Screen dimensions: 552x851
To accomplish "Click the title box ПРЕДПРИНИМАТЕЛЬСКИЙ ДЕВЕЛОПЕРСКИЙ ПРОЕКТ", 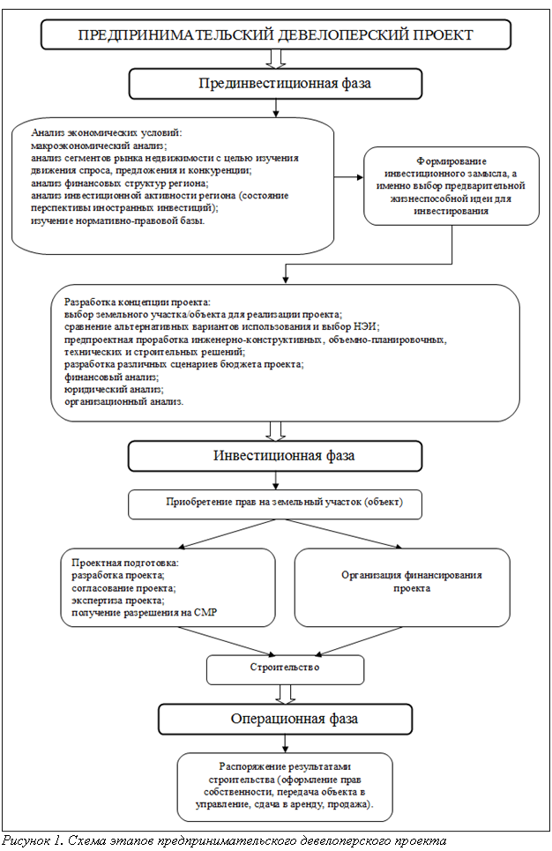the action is (x=276, y=34).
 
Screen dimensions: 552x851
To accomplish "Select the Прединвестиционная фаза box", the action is (x=275, y=84).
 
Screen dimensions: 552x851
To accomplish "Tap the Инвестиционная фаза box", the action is (x=275, y=455).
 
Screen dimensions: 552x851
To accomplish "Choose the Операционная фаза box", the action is (x=286, y=719).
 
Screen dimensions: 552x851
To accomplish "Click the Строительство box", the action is (x=285, y=669).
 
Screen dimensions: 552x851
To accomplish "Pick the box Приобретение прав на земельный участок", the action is (x=275, y=504).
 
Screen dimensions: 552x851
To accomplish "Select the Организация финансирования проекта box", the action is (x=402, y=587).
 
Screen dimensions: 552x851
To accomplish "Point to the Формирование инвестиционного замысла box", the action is (x=451, y=185).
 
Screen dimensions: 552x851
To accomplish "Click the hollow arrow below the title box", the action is (x=276, y=59).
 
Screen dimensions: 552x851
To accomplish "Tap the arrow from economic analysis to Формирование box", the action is (x=348, y=177).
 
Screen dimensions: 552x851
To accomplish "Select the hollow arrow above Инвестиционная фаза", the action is (x=276, y=431).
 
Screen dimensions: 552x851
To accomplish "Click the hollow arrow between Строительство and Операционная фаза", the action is (x=286, y=694).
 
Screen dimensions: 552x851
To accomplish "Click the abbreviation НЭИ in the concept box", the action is (x=368, y=326).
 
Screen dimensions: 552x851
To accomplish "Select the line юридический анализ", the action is (x=114, y=390).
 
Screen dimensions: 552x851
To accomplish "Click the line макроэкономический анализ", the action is (x=99, y=146).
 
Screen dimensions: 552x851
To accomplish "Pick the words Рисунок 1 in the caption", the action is (x=33, y=841).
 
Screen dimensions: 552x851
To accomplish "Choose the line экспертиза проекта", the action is (x=118, y=601).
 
